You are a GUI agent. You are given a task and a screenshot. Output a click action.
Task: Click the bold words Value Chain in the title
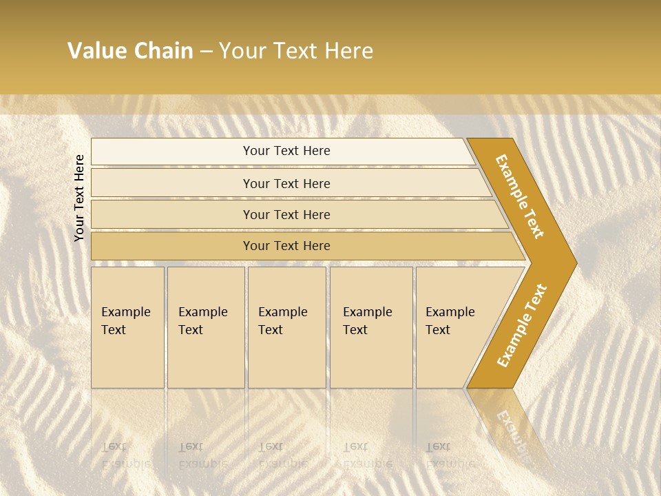[x=130, y=51]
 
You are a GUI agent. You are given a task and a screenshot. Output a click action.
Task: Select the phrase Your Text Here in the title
[x=296, y=51]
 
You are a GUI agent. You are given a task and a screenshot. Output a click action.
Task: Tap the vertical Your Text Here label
[x=79, y=198]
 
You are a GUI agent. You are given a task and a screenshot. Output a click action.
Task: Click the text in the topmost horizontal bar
[x=286, y=151]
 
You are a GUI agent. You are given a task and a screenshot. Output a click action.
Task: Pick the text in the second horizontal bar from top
[x=286, y=184]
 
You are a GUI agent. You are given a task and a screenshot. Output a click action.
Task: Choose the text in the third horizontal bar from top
[x=286, y=215]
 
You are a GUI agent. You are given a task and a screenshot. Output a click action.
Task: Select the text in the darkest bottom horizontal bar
[x=286, y=246]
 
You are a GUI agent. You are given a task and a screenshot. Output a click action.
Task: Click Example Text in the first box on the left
[x=125, y=321]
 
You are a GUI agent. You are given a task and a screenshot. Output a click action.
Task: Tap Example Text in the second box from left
[x=202, y=321]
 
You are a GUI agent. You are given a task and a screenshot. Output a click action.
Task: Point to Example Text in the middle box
[x=282, y=321]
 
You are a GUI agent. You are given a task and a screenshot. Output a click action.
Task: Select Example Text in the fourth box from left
[x=367, y=321]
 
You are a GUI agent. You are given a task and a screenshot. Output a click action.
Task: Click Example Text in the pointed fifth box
[x=450, y=321]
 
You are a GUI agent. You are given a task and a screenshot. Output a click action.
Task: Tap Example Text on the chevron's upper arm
[x=520, y=196]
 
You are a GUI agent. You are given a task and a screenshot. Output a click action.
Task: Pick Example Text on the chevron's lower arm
[x=522, y=326]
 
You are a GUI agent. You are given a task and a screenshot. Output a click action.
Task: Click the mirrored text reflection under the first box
[x=125, y=455]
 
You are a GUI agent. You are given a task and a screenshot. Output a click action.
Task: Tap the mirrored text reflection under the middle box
[x=282, y=455]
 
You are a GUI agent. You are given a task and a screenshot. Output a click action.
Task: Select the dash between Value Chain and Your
[x=206, y=52]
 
